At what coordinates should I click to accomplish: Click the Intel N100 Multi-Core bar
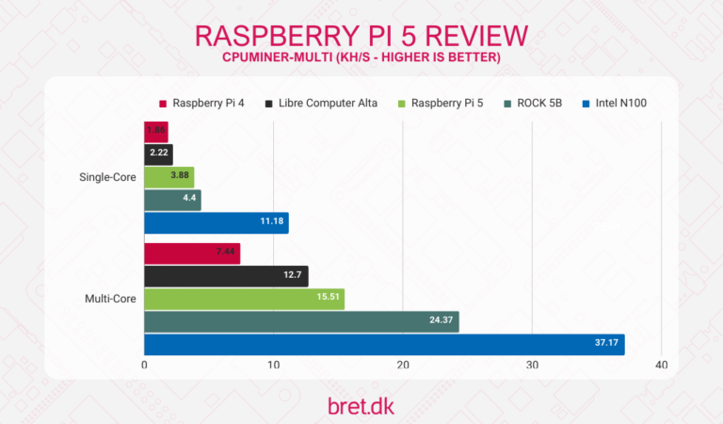pos(384,344)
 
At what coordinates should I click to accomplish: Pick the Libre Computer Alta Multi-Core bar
pos(226,276)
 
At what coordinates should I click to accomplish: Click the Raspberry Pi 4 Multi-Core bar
pos(192,253)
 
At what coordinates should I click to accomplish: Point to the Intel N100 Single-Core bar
pos(217,222)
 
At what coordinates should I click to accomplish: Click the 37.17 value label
pos(607,344)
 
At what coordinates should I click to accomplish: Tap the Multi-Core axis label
pos(111,299)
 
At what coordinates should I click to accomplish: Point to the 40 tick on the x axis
pos(661,366)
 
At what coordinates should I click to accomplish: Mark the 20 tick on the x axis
pos(403,366)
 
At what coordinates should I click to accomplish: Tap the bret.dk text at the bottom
pos(361,404)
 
